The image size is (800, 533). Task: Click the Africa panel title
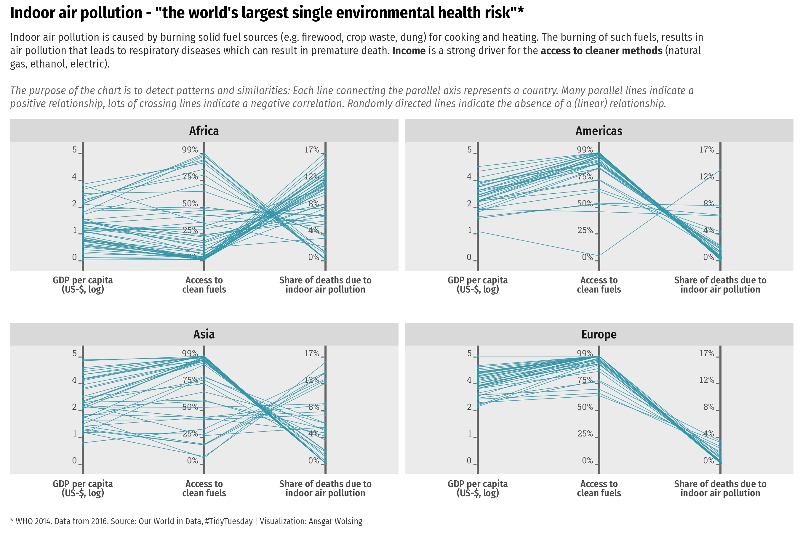coord(204,131)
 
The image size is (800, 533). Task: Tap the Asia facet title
coord(204,334)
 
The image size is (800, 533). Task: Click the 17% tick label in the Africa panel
coord(312,150)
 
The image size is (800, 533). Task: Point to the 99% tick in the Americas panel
coord(585,150)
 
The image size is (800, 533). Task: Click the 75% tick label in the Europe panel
coord(585,380)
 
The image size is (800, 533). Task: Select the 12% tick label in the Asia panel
coord(312,380)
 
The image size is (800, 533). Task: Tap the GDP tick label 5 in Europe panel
coord(469,354)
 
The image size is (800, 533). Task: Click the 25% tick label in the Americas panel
coord(585,230)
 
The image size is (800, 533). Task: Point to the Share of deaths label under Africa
coord(325,285)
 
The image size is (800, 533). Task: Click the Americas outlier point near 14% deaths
coord(720,170)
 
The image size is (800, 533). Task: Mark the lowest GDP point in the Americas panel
coord(478,232)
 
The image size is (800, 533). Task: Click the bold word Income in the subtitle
coord(409,51)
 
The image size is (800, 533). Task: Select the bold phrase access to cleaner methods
coord(601,51)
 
